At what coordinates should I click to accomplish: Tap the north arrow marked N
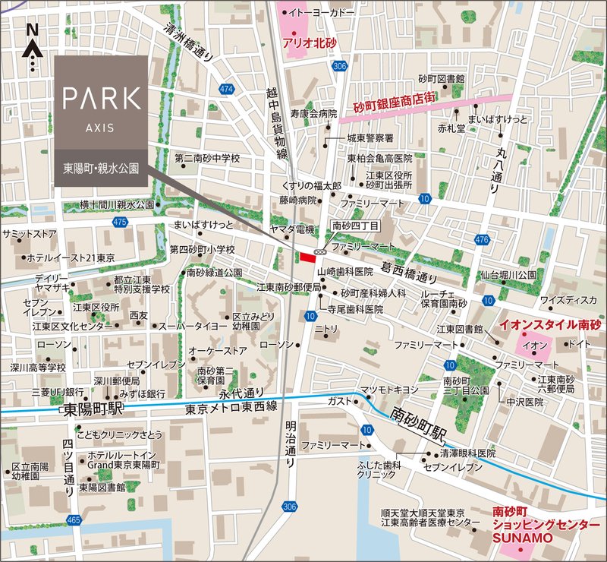point(31,48)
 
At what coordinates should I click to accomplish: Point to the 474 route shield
point(225,90)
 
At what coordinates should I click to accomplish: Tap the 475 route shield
point(119,222)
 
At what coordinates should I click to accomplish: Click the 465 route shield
point(74,520)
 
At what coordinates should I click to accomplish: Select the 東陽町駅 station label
point(92,410)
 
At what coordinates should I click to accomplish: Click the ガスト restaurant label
point(338,400)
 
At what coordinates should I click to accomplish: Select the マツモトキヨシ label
point(389,390)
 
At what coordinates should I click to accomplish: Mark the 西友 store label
point(138,314)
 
